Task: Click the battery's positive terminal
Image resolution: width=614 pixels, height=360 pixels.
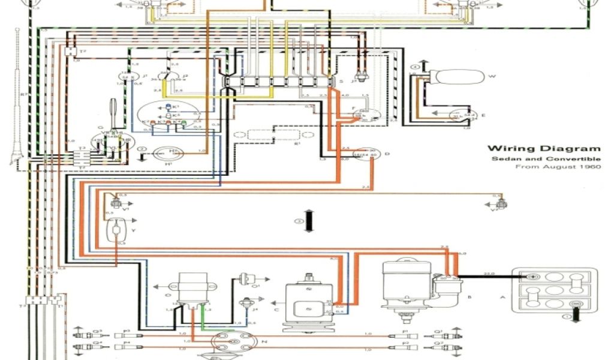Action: (531, 277)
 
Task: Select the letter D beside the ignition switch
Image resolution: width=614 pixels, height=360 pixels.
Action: (387, 154)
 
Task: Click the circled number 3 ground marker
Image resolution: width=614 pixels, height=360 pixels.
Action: (297, 221)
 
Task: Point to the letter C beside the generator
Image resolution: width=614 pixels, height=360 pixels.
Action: (276, 309)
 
